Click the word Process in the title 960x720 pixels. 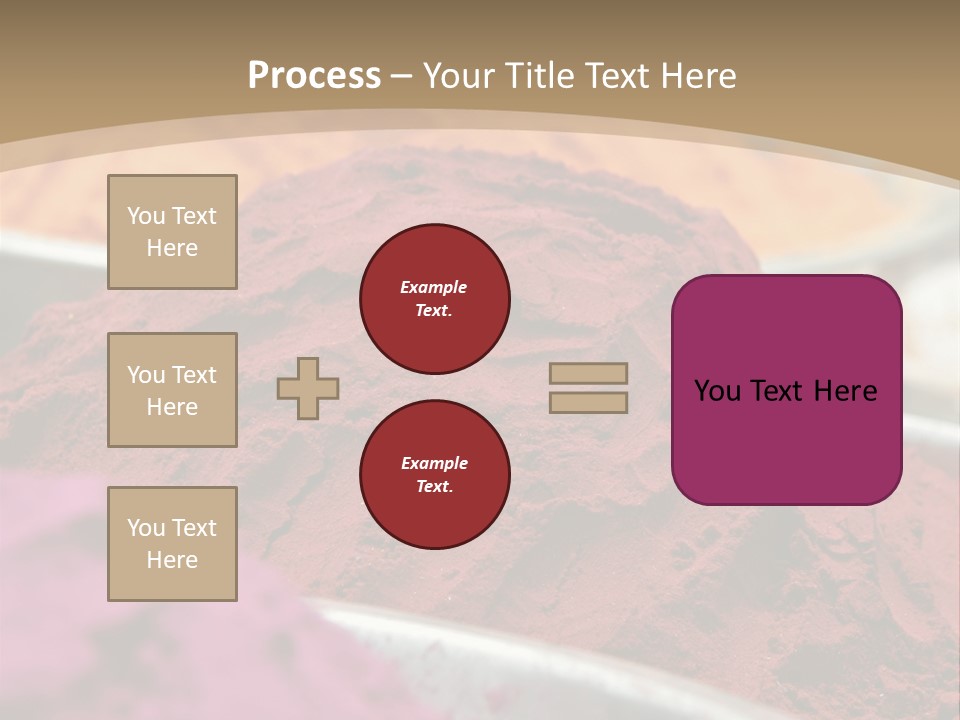[314, 76]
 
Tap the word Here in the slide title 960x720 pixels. [696, 76]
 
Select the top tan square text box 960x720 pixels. [172, 232]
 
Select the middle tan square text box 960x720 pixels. [172, 390]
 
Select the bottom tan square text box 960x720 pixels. [172, 544]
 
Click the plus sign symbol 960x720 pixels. [308, 388]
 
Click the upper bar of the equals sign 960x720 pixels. [588, 374]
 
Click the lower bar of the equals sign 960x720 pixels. [588, 402]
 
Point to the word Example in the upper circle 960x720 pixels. [434, 287]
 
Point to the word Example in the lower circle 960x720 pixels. [434, 463]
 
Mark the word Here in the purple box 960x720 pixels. [845, 391]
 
